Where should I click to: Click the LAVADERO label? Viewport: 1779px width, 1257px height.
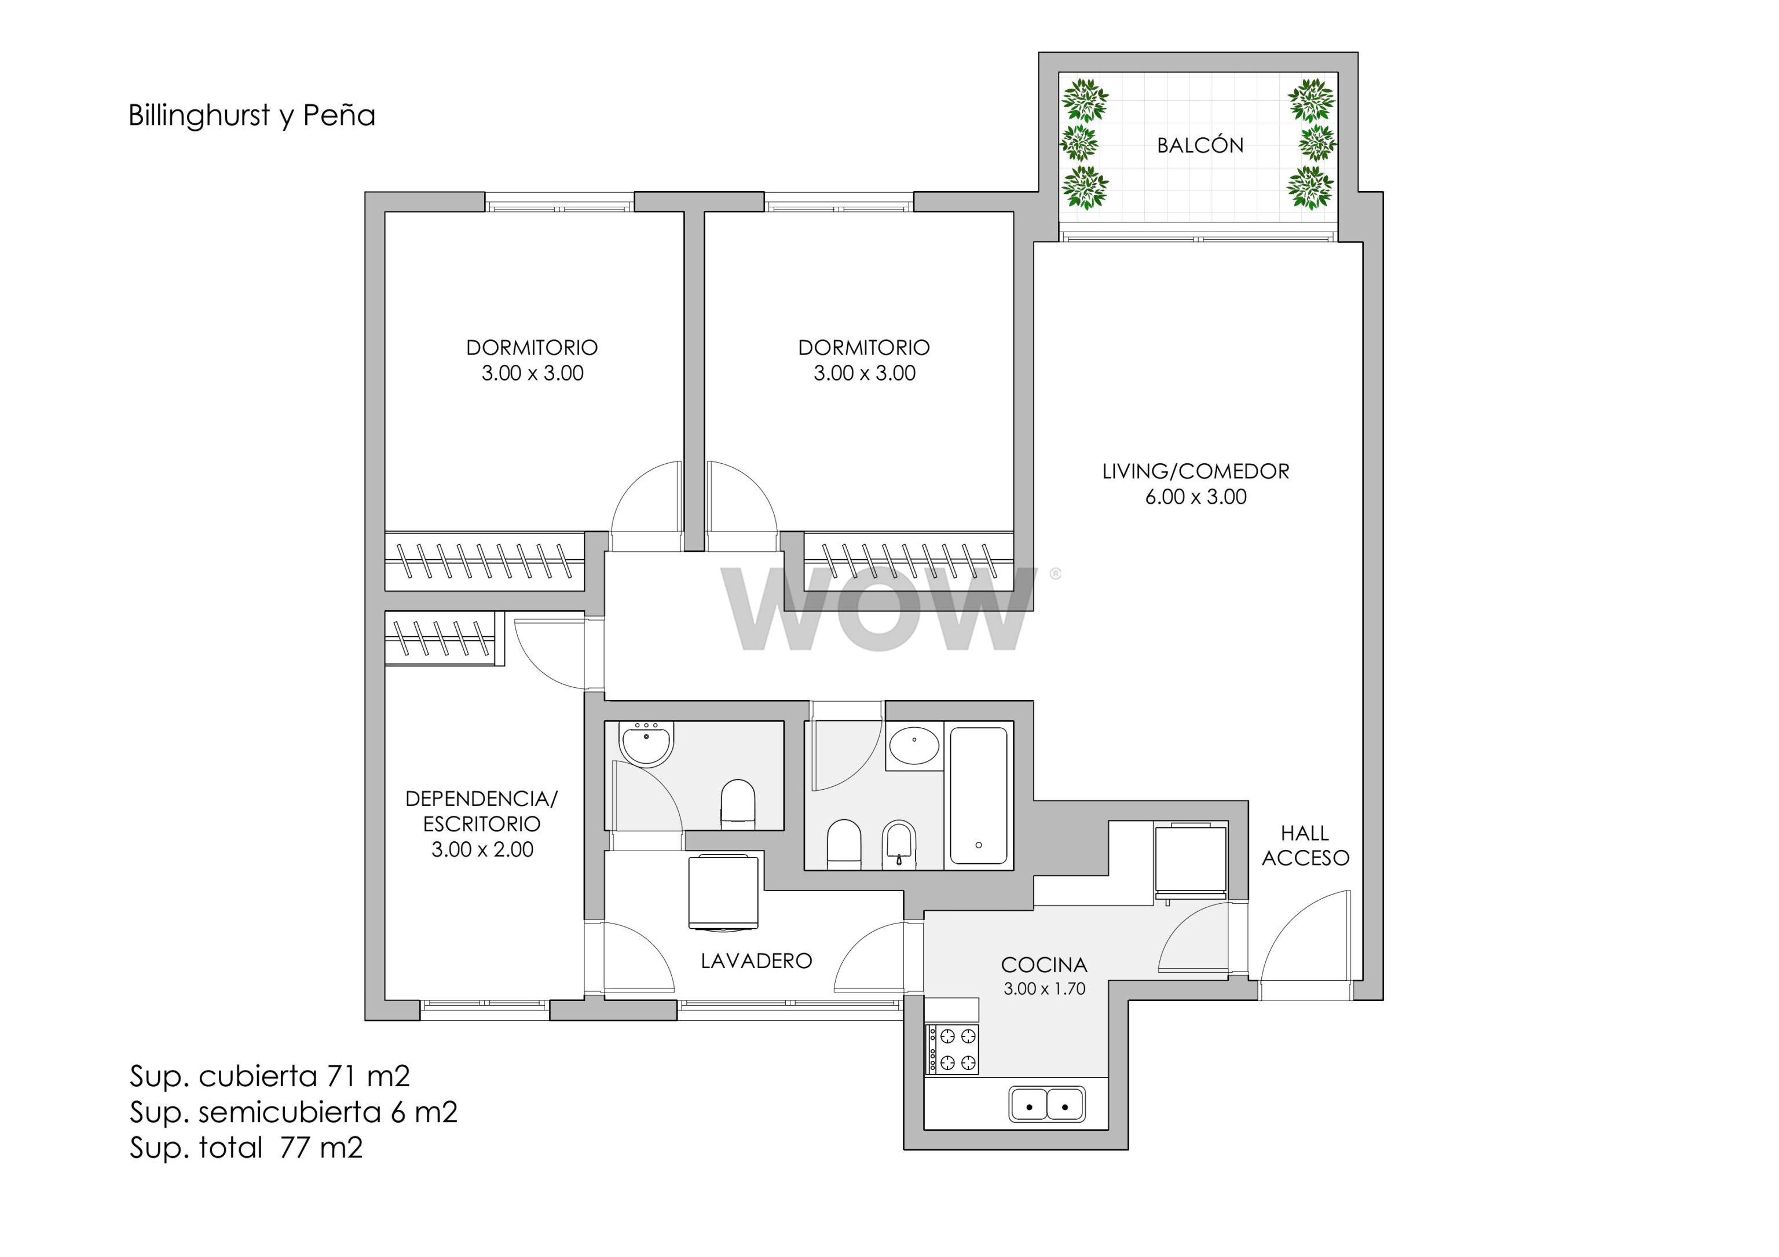[x=756, y=961]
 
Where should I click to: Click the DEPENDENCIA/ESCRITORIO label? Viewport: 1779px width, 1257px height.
[x=481, y=811]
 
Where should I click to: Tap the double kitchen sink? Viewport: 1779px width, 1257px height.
[x=1047, y=1104]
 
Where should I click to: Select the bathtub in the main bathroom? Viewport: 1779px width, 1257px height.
[x=979, y=796]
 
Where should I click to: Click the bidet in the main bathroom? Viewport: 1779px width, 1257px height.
[x=899, y=845]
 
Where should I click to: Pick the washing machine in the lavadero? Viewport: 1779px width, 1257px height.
[x=723, y=892]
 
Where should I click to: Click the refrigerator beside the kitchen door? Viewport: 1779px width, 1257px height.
[x=1190, y=863]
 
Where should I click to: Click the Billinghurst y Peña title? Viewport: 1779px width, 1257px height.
[x=252, y=115]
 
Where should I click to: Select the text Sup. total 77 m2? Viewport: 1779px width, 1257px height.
[x=246, y=1147]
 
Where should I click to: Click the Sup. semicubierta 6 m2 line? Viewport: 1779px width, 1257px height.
[x=294, y=1112]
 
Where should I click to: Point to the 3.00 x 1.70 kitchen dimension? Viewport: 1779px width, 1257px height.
[x=1045, y=988]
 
